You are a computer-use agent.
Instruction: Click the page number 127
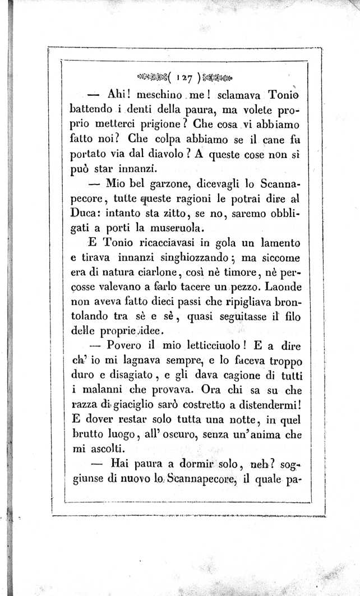(182, 76)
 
